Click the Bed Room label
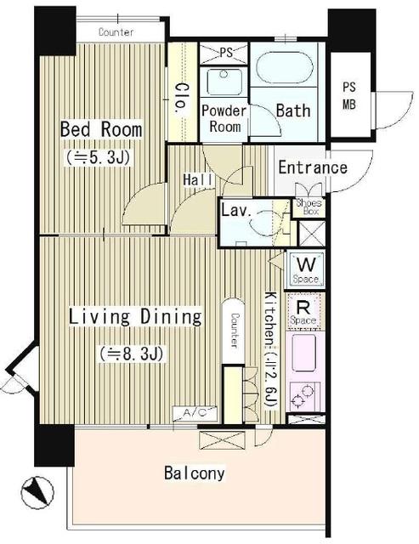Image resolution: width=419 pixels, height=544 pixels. click(101, 129)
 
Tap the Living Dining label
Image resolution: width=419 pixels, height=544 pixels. click(135, 317)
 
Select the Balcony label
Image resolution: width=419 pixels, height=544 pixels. click(195, 473)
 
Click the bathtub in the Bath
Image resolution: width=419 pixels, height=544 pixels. click(285, 68)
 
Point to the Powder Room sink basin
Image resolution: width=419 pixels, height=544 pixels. click(224, 82)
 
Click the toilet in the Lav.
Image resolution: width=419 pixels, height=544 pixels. click(264, 223)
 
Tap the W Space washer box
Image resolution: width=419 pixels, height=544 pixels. click(305, 269)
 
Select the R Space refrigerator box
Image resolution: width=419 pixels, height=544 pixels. click(304, 311)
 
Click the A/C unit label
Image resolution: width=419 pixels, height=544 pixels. click(195, 413)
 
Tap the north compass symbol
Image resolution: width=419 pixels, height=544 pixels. click(37, 493)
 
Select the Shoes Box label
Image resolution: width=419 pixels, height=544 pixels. click(309, 207)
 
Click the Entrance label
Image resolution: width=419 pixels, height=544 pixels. click(313, 167)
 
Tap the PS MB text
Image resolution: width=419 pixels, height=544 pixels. click(349, 95)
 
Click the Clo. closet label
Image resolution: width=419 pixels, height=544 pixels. click(182, 99)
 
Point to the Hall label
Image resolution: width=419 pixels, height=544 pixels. click(198, 179)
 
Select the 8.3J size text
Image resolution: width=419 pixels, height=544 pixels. click(132, 354)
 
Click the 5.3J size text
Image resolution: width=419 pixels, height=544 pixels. click(98, 158)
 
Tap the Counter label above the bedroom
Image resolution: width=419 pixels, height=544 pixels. click(116, 32)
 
